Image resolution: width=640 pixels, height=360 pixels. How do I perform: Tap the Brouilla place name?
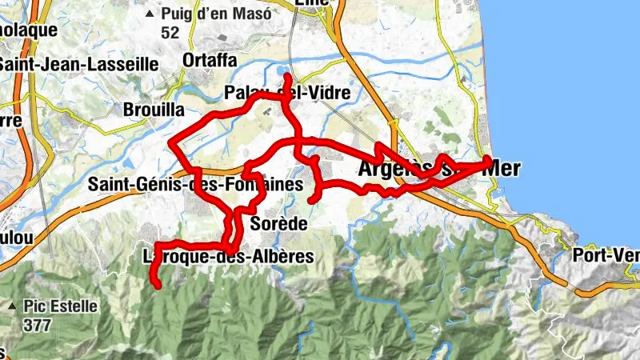[x=154, y=109]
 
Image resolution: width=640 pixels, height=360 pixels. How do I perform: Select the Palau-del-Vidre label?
[x=288, y=93]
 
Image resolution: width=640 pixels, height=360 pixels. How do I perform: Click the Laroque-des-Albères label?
[x=226, y=258]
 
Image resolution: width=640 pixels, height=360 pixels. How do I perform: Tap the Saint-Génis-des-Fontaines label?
[x=195, y=185]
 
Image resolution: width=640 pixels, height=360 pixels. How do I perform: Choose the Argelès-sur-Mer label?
[x=438, y=169]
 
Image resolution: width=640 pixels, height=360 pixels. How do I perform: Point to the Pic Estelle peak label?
[x=60, y=306]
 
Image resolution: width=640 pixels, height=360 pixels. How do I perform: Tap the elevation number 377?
[x=38, y=325]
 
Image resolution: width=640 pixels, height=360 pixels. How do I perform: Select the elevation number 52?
[x=170, y=33]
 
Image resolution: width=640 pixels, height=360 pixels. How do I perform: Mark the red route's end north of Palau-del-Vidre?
[x=287, y=76]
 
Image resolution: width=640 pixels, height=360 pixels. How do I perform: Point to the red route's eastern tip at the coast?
[x=490, y=162]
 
